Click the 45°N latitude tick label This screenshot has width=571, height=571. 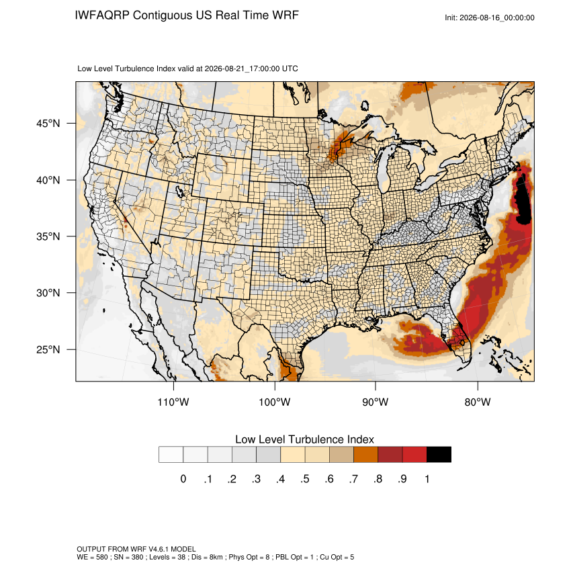48,124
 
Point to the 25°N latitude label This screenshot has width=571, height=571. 48,349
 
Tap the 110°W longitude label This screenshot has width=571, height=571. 173,402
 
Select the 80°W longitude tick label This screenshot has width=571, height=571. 478,402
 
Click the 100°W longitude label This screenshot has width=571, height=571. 275,402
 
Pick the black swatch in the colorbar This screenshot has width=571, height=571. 439,455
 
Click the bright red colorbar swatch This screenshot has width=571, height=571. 414,455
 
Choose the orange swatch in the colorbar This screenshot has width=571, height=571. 365,455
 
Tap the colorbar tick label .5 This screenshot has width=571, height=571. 305,479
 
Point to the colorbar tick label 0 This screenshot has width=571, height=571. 183,479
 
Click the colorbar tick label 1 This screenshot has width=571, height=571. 427,479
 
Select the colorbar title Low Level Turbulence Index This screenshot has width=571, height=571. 304,439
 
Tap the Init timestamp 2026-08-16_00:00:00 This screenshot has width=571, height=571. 497,18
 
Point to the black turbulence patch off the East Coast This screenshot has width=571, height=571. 524,200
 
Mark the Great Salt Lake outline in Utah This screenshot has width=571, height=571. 179,191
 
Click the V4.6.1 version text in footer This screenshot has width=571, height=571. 159,549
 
